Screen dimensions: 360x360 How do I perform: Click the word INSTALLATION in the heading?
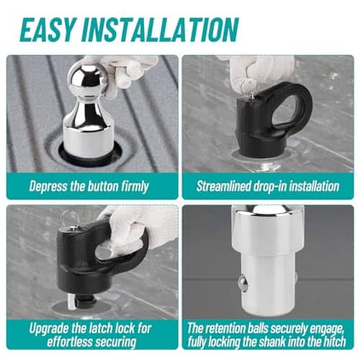coord(159,30)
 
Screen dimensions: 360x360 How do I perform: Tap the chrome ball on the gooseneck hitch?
coord(89,78)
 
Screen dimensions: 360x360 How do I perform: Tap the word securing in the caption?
coord(117,343)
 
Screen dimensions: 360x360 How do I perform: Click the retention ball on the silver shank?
coord(243,284)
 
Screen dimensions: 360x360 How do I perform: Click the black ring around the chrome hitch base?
coord(90,161)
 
